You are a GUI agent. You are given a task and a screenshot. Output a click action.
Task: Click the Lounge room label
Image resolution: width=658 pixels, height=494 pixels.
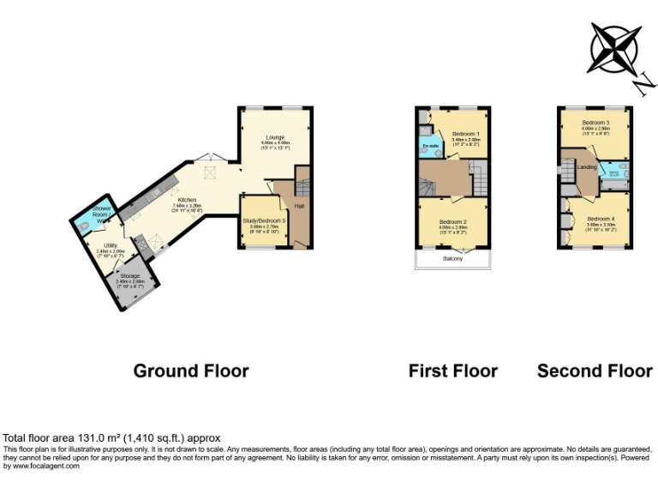pos(275,137)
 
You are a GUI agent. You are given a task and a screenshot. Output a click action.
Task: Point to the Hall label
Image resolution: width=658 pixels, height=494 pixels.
pos(299,206)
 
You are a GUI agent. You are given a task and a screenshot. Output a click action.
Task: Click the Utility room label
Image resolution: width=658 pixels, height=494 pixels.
pos(111,245)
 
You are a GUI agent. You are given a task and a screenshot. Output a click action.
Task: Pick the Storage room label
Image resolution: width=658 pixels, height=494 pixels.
pos(129,276)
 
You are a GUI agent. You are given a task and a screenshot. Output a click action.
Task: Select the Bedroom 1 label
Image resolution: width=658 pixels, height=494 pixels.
pos(466,134)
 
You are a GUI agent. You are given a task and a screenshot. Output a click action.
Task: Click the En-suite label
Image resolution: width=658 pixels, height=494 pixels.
pos(430,147)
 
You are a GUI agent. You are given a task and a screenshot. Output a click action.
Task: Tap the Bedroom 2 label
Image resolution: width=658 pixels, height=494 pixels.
pos(454,222)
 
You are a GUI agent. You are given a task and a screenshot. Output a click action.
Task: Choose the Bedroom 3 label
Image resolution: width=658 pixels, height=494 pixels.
pos(595,123)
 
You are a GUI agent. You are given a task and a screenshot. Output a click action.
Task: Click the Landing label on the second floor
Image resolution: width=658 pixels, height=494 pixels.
pos(587,167)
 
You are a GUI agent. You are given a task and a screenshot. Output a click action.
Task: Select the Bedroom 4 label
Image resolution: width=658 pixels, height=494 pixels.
pos(600,219)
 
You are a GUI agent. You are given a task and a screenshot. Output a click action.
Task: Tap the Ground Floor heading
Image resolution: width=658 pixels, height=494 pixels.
pos(191,370)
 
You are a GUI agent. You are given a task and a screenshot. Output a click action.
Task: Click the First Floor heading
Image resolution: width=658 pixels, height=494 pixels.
pos(452,370)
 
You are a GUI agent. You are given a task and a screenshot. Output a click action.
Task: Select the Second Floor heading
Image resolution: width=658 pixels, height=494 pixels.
pos(595,370)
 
